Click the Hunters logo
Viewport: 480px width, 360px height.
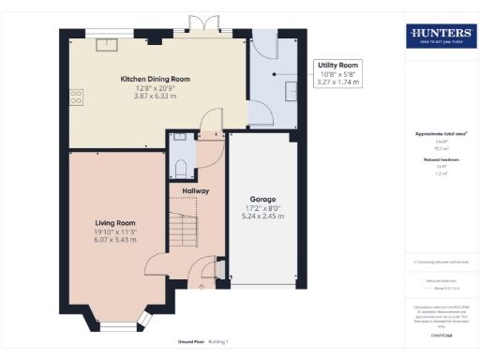click(441, 36)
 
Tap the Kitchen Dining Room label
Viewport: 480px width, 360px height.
click(155, 80)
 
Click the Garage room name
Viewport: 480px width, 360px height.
click(263, 198)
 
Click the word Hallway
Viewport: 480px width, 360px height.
click(195, 190)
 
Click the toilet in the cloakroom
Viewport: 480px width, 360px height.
click(180, 168)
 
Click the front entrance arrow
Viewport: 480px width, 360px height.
click(205, 288)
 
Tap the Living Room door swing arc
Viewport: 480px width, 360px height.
click(156, 265)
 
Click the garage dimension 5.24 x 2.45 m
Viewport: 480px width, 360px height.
click(263, 216)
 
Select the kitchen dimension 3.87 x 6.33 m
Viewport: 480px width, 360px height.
click(155, 97)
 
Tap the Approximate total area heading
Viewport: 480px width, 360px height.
click(441, 133)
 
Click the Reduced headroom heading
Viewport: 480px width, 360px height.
click(441, 160)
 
